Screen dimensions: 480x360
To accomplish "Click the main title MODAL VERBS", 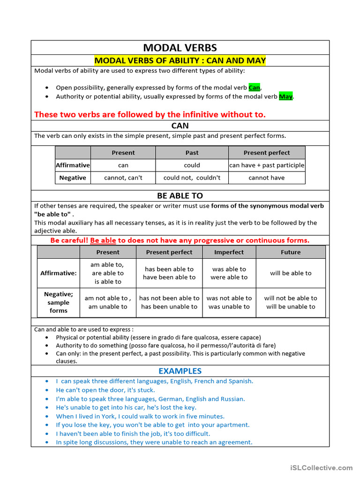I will (x=180, y=48).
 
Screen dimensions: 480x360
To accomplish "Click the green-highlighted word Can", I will (x=254, y=88).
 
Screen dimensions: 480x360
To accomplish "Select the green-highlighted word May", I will (x=285, y=97).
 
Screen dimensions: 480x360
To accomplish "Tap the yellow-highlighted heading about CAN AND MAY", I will (x=180, y=60).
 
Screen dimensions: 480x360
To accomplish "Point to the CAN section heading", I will (x=180, y=126).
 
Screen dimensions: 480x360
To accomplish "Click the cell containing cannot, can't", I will (x=123, y=178).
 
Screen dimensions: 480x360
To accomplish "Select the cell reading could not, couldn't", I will (x=192, y=178).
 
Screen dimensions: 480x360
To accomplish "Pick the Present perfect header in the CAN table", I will (x=267, y=153).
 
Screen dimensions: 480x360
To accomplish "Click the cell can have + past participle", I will (x=267, y=165).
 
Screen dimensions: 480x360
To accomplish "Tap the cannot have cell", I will (x=267, y=178).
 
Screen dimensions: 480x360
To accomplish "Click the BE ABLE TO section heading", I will (x=180, y=195).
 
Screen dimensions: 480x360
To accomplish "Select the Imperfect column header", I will (x=229, y=252).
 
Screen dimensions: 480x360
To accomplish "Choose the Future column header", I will (x=291, y=252).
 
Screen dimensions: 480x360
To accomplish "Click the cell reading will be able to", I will (x=291, y=273).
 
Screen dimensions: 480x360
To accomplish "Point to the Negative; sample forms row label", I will (x=59, y=302).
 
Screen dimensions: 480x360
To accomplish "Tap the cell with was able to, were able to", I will (x=229, y=273).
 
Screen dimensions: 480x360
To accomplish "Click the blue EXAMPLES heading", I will (x=180, y=371).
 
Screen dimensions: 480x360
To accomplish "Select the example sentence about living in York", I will (x=140, y=416).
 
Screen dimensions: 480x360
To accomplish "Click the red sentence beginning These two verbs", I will (x=150, y=114).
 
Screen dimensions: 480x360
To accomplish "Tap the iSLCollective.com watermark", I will (x=321, y=468).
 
